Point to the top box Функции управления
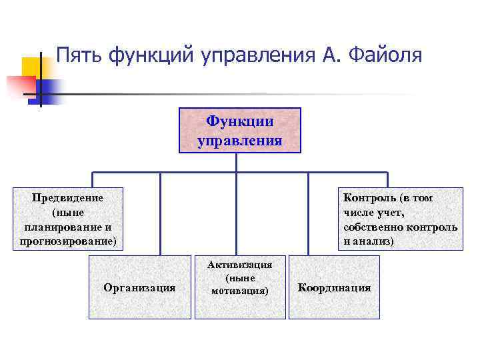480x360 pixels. coord(239,131)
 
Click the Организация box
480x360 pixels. coord(139,287)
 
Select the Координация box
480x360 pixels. coord(334,287)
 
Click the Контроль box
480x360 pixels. coord(400,219)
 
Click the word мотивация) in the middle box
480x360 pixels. coord(239,291)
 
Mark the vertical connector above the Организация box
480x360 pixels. coord(160,213)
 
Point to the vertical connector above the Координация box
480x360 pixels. coord(307,213)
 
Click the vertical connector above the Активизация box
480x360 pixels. coord(239,213)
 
